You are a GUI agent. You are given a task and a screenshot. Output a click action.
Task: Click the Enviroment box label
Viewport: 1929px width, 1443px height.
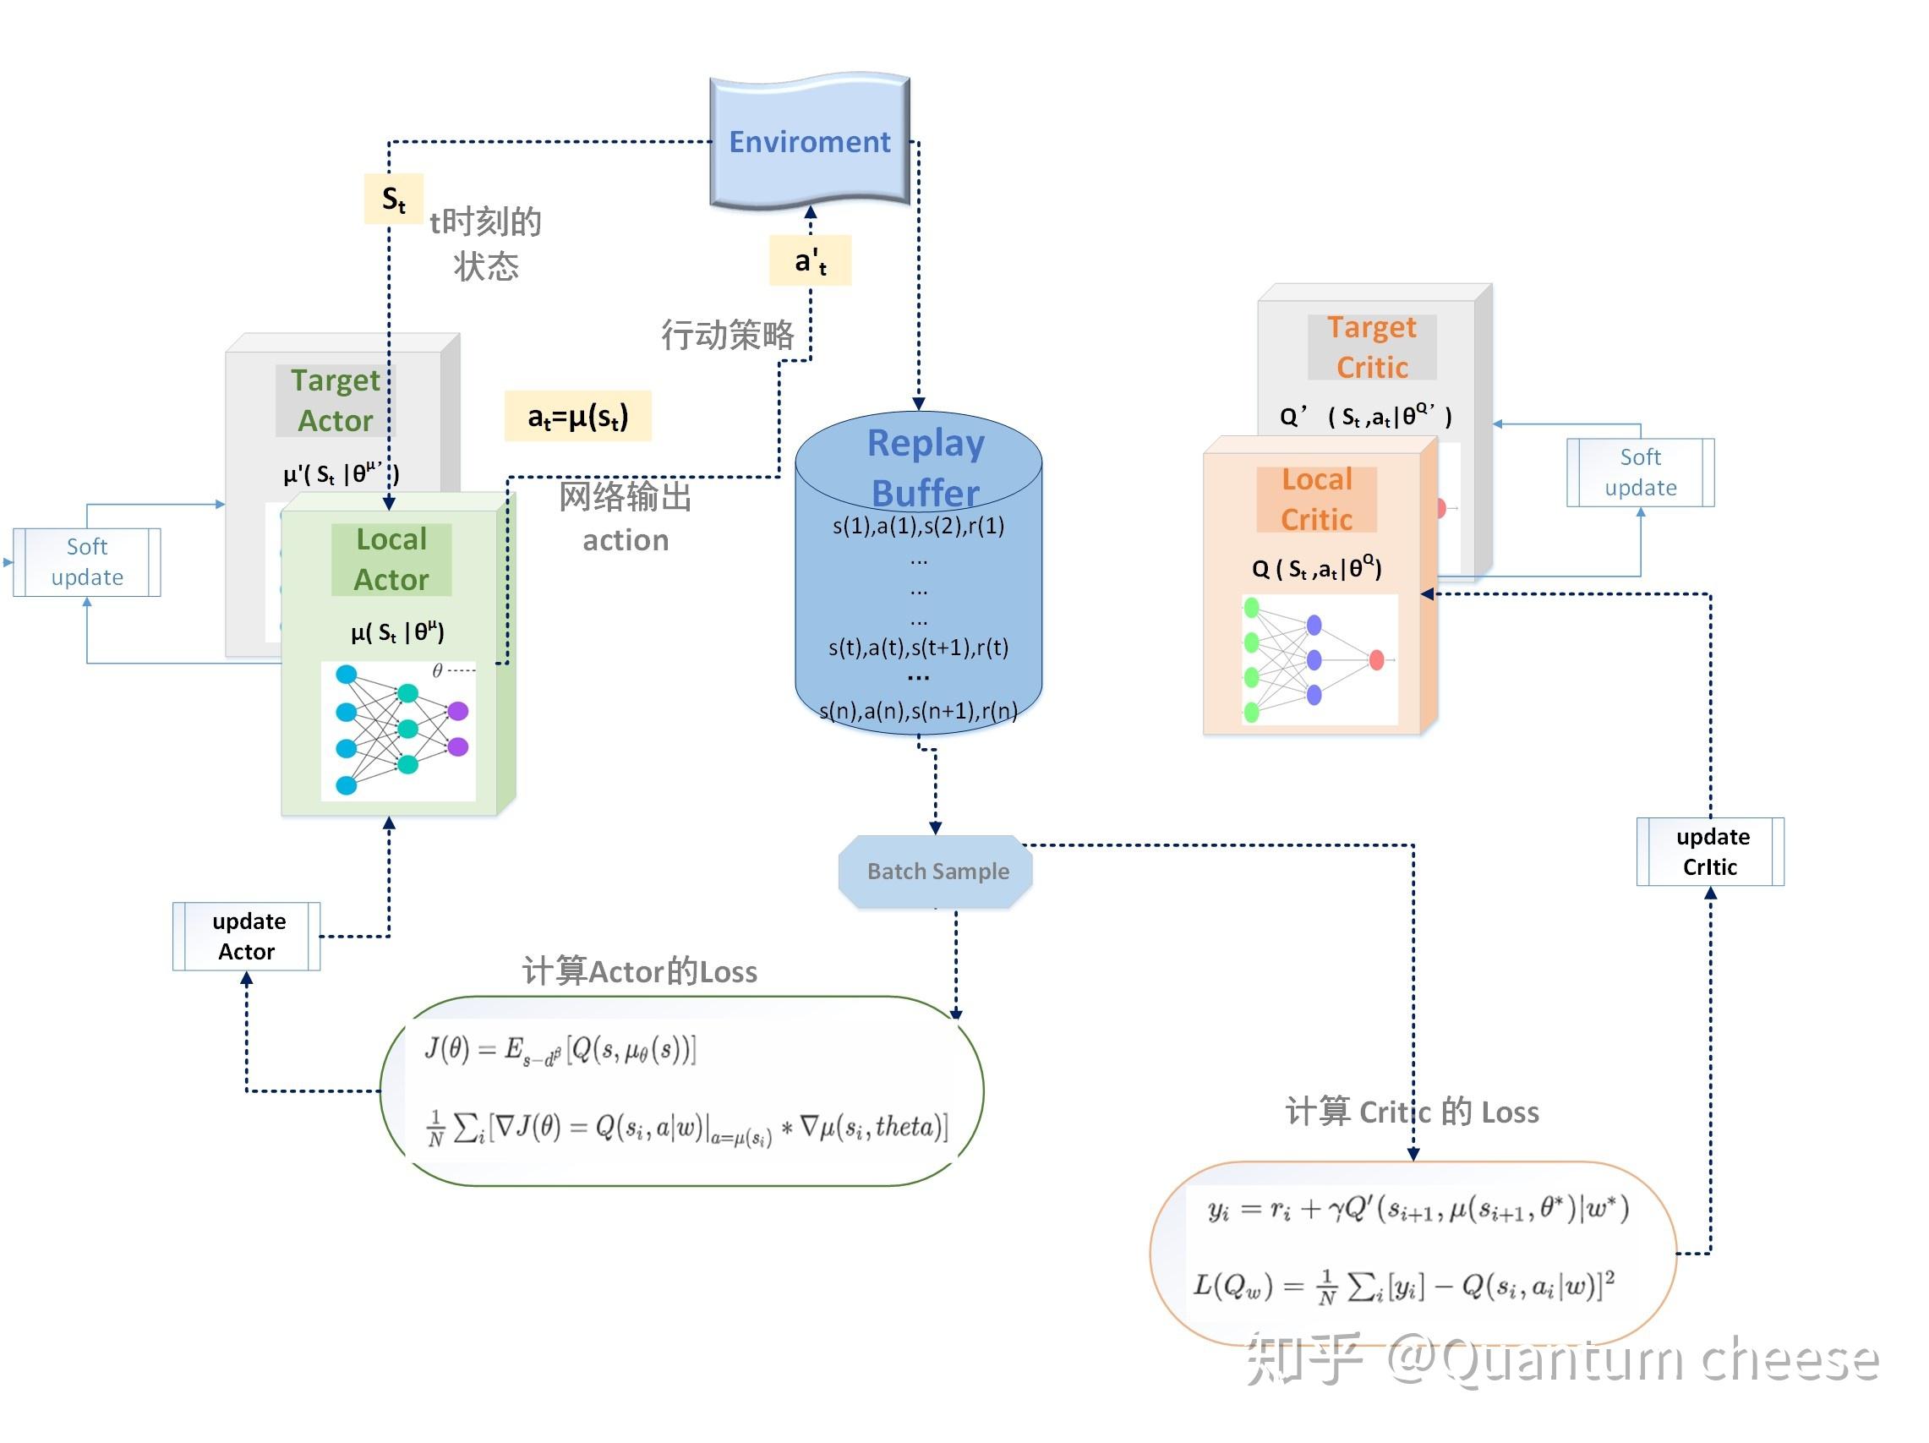pyautogui.click(x=809, y=141)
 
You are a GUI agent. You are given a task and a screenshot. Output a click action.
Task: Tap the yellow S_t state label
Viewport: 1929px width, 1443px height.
pyautogui.click(x=393, y=199)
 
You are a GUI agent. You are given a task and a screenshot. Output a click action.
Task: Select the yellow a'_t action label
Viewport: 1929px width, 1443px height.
pyautogui.click(x=810, y=260)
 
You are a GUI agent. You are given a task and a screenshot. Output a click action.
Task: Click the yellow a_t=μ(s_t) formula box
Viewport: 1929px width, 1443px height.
pyautogui.click(x=577, y=416)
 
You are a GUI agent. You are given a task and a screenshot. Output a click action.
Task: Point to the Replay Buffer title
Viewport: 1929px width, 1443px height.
pyautogui.click(x=926, y=467)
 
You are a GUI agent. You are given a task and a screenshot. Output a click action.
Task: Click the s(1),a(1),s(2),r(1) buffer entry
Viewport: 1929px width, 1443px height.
pyautogui.click(x=918, y=526)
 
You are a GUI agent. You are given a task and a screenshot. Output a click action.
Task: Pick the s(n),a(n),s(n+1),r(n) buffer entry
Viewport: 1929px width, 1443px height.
pyautogui.click(x=918, y=711)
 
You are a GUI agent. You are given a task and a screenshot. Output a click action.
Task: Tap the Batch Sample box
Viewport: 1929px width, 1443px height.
pyautogui.click(x=936, y=871)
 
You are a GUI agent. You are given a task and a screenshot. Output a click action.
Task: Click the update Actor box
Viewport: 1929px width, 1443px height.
pyautogui.click(x=247, y=936)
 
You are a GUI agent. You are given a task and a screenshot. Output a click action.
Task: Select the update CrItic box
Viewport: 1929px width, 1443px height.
pyautogui.click(x=1710, y=851)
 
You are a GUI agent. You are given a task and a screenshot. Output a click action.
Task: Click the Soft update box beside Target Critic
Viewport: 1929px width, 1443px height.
pyautogui.click(x=1641, y=472)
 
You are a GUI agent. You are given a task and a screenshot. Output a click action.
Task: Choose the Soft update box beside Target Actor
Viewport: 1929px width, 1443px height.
pyautogui.click(x=87, y=561)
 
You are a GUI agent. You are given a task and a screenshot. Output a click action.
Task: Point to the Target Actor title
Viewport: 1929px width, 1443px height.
pyautogui.click(x=336, y=400)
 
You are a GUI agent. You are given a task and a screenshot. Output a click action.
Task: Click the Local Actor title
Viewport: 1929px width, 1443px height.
pyautogui.click(x=391, y=559)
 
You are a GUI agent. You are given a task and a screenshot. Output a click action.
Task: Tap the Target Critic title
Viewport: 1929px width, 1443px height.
pyautogui.click(x=1372, y=347)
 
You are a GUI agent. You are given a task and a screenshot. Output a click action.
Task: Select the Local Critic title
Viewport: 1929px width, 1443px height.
pyautogui.click(x=1317, y=499)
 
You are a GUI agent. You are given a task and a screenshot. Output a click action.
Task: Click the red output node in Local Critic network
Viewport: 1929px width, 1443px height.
pyautogui.click(x=1377, y=660)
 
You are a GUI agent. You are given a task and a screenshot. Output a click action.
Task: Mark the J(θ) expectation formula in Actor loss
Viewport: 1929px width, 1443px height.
pyautogui.click(x=560, y=1049)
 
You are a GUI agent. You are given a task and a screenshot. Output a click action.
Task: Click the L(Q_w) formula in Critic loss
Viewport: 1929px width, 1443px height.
pyautogui.click(x=1404, y=1285)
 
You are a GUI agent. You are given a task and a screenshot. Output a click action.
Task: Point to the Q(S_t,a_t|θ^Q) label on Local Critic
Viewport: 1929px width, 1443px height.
pyautogui.click(x=1317, y=568)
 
